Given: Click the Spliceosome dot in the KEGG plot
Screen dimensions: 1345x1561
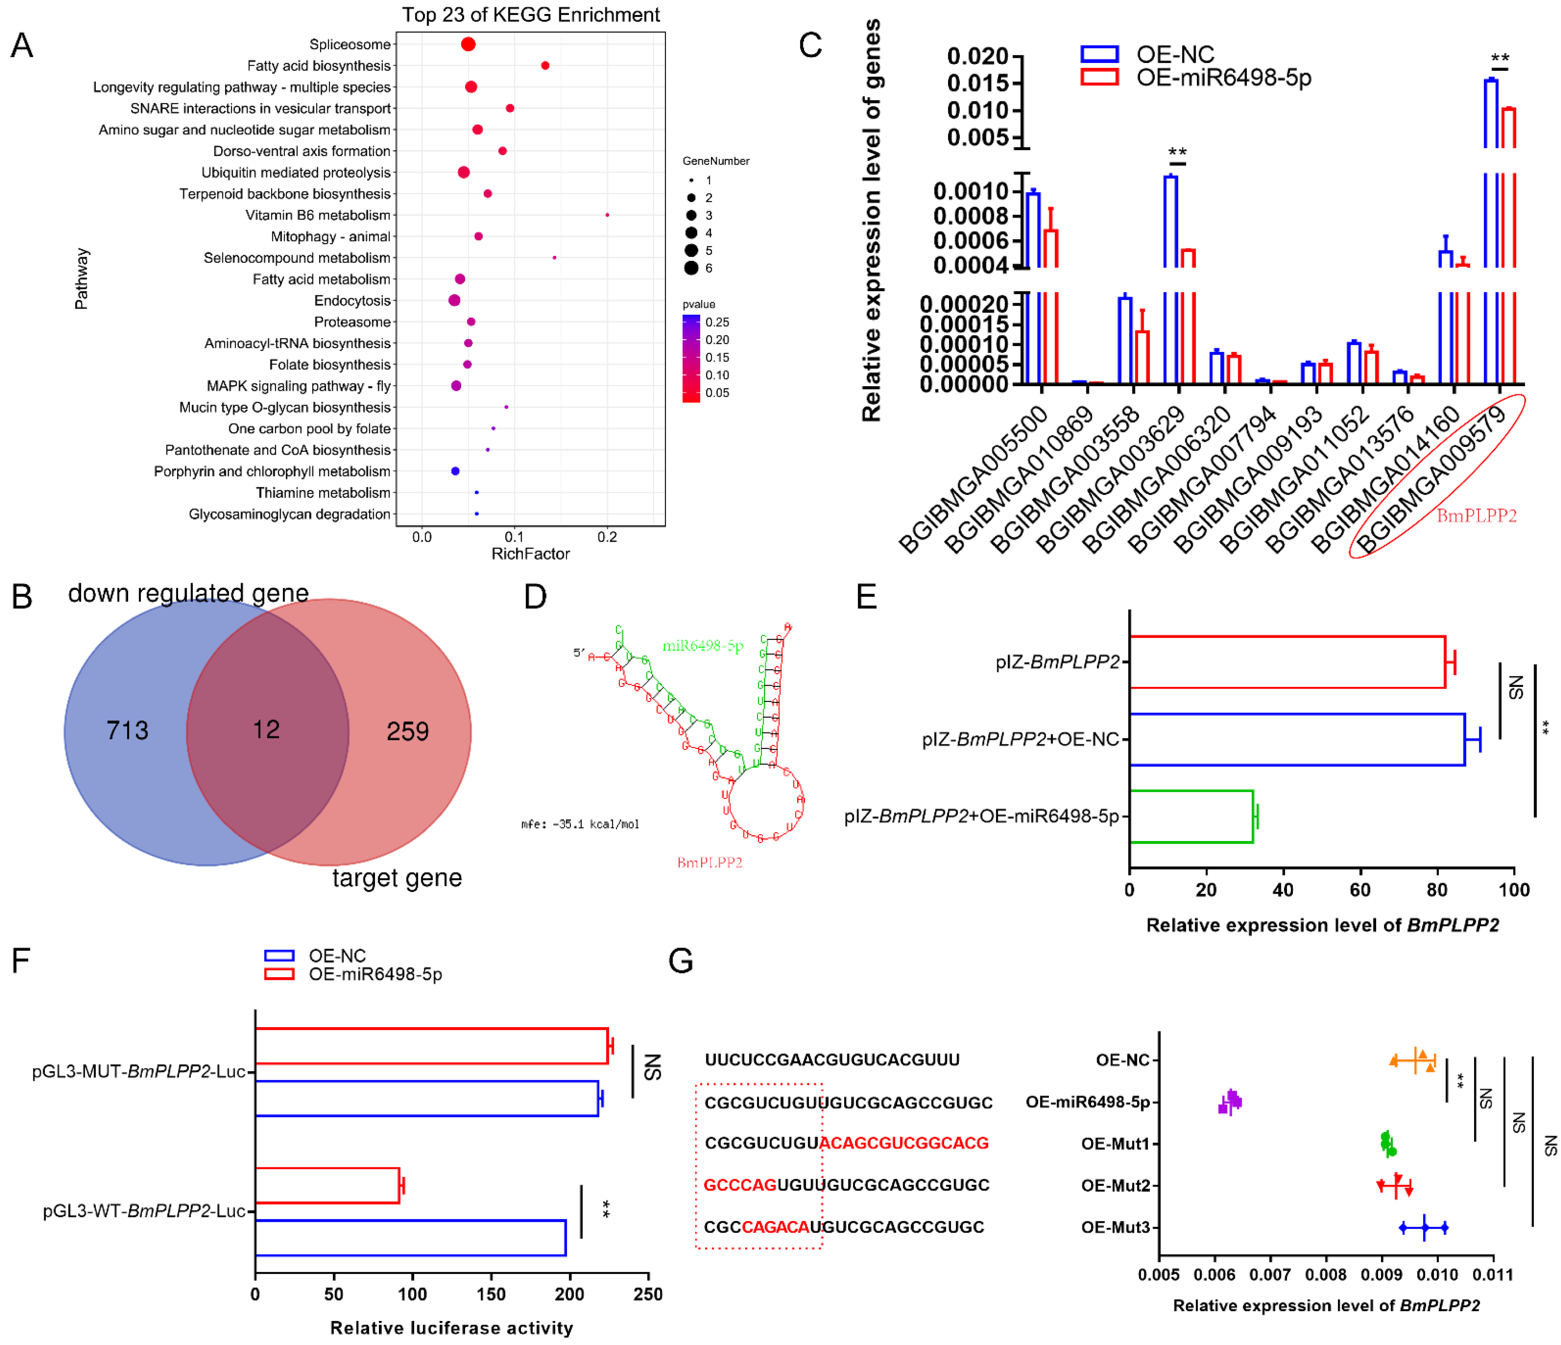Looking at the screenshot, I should pos(468,45).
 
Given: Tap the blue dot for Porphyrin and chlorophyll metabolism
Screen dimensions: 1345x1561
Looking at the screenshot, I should pos(455,471).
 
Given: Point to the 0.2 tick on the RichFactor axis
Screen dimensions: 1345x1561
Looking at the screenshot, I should pos(607,537).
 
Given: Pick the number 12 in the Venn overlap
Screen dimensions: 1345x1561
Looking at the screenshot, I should pos(266,729).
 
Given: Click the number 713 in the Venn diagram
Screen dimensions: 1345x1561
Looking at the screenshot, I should pos(127,730).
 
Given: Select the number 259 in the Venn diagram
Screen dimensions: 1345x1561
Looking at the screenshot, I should pos(408,731).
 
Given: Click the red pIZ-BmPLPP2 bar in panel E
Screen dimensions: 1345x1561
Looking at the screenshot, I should pos(1287,662).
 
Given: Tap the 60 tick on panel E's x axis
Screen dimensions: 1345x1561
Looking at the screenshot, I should pos(1360,890).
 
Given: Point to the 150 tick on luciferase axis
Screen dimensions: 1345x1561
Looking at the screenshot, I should pos(491,1294).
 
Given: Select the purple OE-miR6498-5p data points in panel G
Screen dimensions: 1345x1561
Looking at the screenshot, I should pos(1230,1103).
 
